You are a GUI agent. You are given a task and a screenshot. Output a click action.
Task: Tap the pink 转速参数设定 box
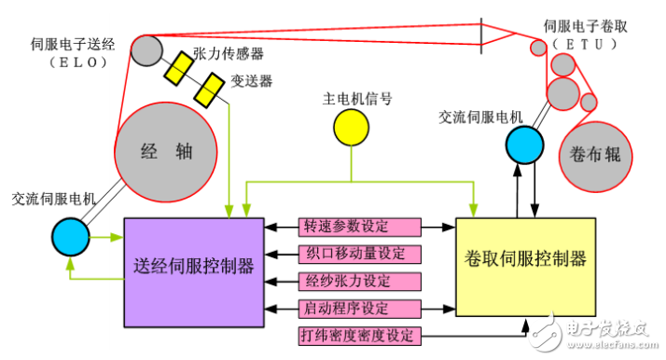point(360,227)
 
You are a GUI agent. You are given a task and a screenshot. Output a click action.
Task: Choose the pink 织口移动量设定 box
point(360,254)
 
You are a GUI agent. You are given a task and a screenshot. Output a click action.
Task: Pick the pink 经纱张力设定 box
point(360,281)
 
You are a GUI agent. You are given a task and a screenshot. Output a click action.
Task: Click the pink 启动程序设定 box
point(360,308)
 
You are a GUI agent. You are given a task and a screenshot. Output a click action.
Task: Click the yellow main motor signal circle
point(353,128)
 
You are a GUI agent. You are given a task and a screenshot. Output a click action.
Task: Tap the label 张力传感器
point(228,53)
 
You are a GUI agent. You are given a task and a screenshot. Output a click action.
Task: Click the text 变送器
point(252,81)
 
